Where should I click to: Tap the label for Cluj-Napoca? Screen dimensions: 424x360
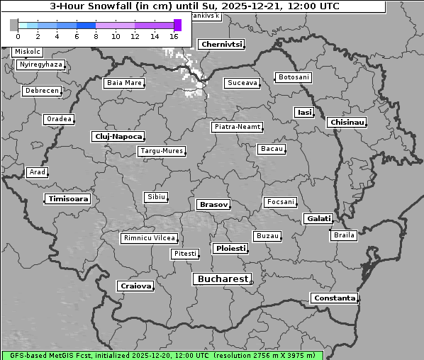tap(118, 136)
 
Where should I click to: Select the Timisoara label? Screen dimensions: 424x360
tap(68, 199)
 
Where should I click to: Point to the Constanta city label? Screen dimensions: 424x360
tap(334, 298)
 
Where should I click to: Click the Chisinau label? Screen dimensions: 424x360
tap(347, 123)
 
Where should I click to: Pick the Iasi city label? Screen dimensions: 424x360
tap(303, 112)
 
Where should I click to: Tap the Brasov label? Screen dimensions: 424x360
tap(213, 205)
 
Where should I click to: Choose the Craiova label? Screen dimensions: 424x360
tap(135, 286)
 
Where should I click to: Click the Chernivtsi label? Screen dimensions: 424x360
tap(221, 45)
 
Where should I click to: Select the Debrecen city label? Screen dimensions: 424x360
tap(41, 91)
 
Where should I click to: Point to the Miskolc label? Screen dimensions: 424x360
tap(28, 52)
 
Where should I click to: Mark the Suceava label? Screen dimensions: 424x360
tap(242, 83)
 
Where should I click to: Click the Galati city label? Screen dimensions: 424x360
tap(318, 219)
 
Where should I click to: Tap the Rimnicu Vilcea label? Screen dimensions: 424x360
tap(149, 238)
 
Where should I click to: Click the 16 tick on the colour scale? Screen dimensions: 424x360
tap(174, 35)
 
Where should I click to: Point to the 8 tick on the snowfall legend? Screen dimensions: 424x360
tap(96, 35)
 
